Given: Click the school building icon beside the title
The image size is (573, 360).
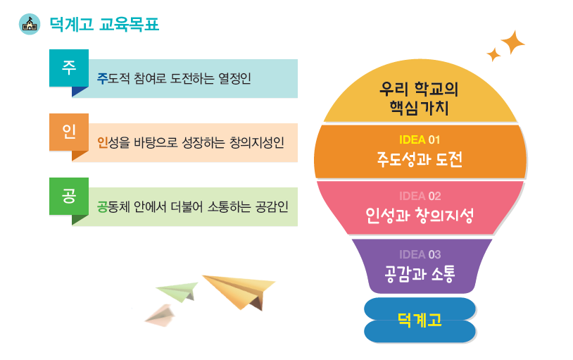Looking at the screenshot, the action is pyautogui.click(x=30, y=25).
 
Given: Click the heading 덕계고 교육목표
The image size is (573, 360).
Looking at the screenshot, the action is pyautogui.click(x=104, y=25).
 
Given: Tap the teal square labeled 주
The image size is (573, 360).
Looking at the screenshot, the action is pyautogui.click(x=69, y=68).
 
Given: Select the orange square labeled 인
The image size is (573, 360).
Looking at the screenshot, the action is pyautogui.click(x=69, y=132).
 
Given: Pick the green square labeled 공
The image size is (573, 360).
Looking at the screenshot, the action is pyautogui.click(x=69, y=196).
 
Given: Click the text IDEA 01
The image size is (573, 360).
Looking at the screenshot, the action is pyautogui.click(x=420, y=139).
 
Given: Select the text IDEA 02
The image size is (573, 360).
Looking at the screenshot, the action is pyautogui.click(x=420, y=196).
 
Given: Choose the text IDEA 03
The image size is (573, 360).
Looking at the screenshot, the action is pyautogui.click(x=420, y=254).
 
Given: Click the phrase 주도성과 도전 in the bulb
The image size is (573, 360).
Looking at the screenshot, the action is pyautogui.click(x=420, y=159).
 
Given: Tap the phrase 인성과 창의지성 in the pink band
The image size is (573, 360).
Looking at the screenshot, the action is pyautogui.click(x=420, y=215).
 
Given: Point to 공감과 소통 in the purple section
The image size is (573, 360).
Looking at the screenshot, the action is pyautogui.click(x=420, y=273).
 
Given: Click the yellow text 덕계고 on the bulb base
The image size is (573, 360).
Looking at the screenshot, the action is pyautogui.click(x=420, y=320).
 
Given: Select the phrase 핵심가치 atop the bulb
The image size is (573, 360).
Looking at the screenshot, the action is pyautogui.click(x=419, y=108).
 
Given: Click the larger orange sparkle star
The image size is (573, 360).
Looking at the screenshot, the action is pyautogui.click(x=512, y=42).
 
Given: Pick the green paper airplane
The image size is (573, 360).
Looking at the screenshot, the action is pyautogui.click(x=177, y=292).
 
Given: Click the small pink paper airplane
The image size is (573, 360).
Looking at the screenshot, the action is pyautogui.click(x=160, y=316).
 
